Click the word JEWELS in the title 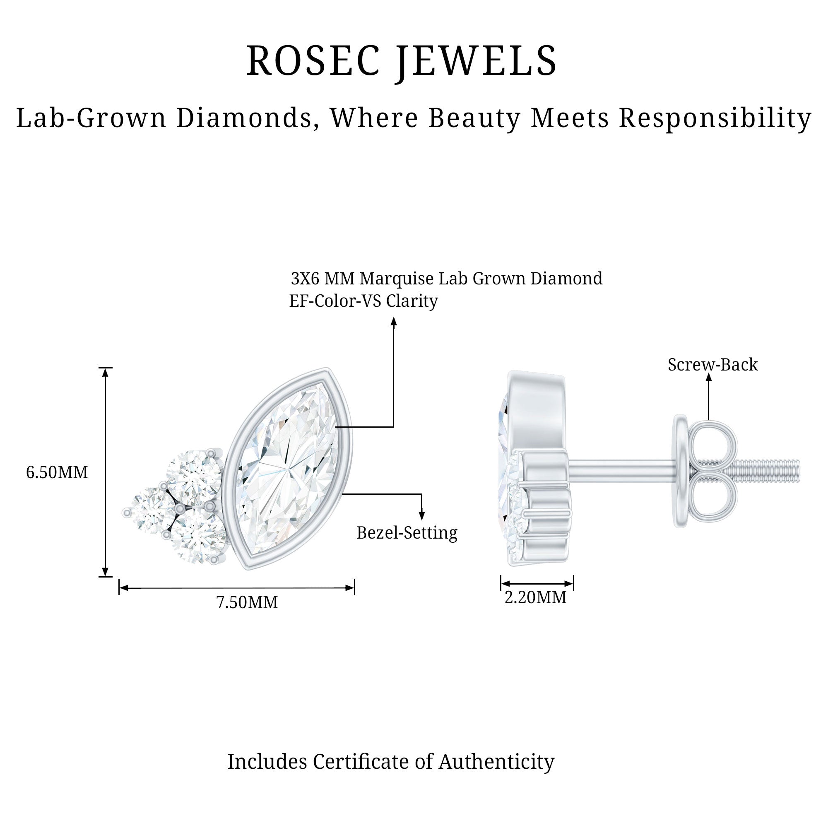point(476,61)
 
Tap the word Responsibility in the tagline point(715,118)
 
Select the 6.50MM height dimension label point(57,472)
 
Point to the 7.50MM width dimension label point(247,602)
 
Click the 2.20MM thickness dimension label point(535,597)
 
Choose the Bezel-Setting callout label point(407,533)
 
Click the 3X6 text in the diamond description point(305,279)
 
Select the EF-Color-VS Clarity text point(363,301)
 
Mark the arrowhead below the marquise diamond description point(394,321)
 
